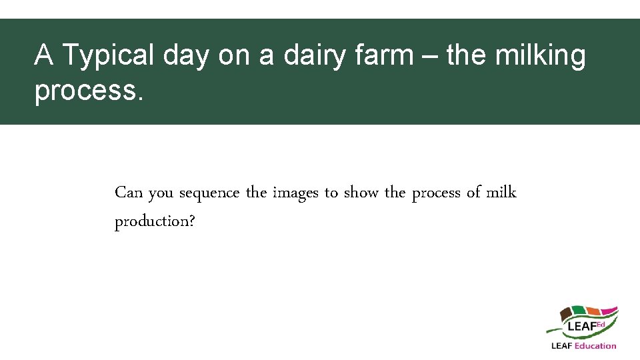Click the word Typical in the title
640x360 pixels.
106,56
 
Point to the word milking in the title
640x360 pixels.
541,56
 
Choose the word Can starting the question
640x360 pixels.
129,193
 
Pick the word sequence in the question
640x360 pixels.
210,193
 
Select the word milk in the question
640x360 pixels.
501,193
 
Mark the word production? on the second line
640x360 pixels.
155,221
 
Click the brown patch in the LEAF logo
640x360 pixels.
567,313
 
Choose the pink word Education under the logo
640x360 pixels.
595,345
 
